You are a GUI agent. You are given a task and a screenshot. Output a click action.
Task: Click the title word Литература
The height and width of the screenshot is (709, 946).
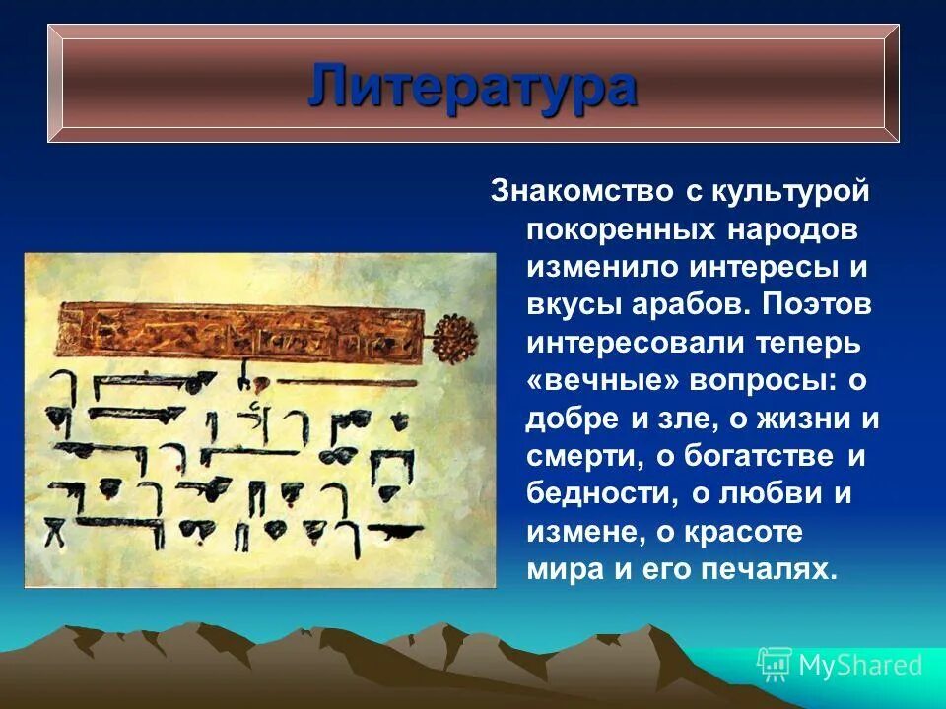click(x=472, y=87)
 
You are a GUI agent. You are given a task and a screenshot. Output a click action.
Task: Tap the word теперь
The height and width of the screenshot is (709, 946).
click(x=804, y=344)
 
